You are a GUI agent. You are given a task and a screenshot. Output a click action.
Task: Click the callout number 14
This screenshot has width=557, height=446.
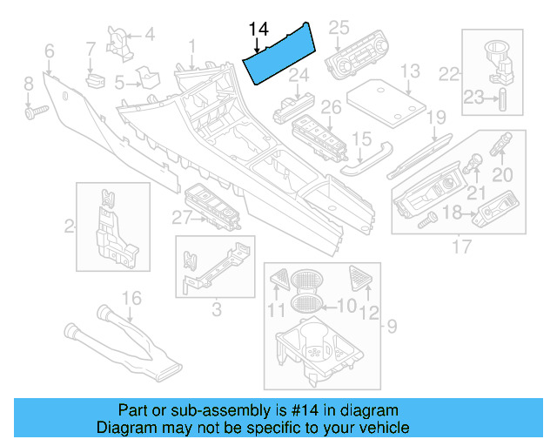click(x=258, y=30)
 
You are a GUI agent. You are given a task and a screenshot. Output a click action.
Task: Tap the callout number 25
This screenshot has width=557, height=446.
click(x=338, y=27)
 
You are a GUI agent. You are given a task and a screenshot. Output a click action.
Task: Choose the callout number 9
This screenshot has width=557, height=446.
click(x=392, y=328)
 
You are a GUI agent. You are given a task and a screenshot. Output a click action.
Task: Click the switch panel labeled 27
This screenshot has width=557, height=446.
click(x=210, y=206)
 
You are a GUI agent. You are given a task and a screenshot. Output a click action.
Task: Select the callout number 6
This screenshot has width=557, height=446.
click(x=49, y=51)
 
